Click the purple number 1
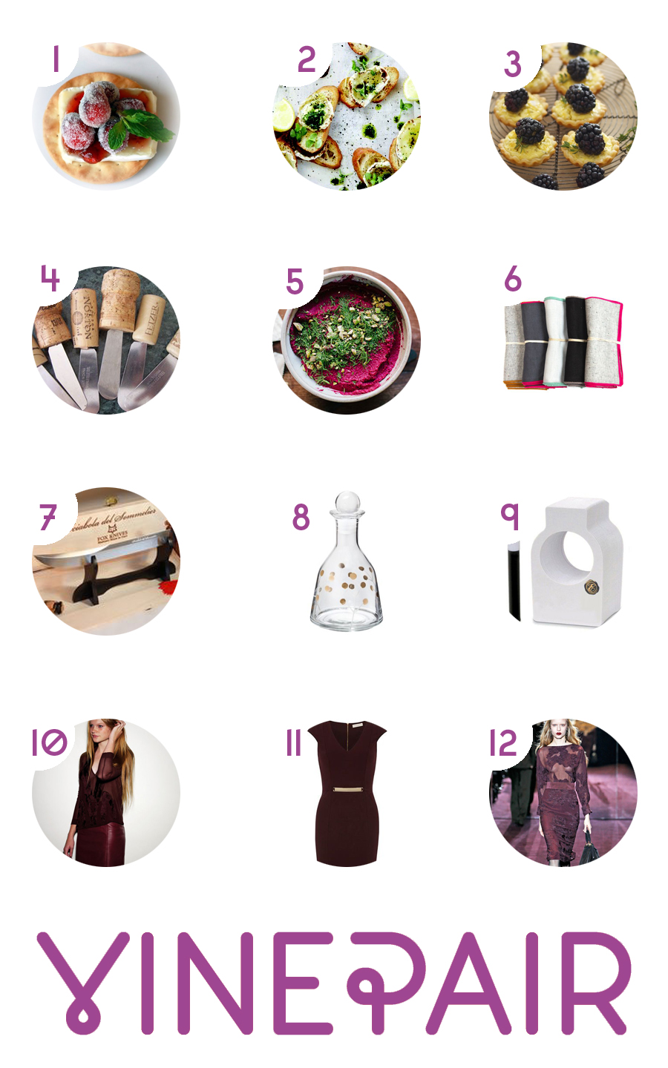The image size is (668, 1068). pos(56,59)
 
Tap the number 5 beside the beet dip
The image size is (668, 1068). pos(295,282)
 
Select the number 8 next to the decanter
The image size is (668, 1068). pos(301,518)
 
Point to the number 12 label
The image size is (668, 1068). pos(502,743)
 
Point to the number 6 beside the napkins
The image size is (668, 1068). pos(512,280)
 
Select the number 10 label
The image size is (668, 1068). pos(49,742)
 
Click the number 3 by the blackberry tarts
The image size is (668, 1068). pos(512,65)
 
